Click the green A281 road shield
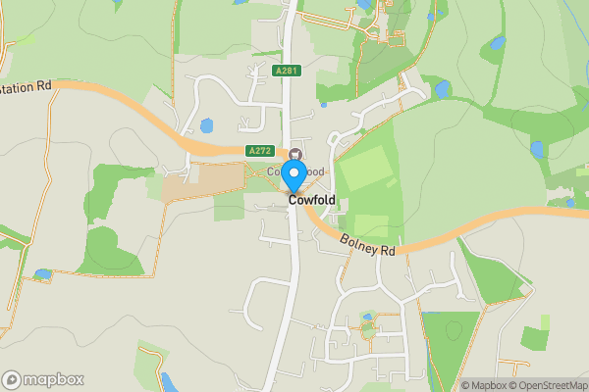[x=287, y=71]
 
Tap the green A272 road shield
[x=260, y=151]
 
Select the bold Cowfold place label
[x=311, y=200]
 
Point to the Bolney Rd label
[x=368, y=245]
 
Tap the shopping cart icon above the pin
[x=294, y=153]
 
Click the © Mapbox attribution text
[x=487, y=385]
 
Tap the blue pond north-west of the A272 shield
[x=206, y=125]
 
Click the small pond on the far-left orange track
[x=41, y=274]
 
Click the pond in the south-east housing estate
[x=367, y=318]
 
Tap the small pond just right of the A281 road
[x=324, y=102]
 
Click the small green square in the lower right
[x=535, y=339]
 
